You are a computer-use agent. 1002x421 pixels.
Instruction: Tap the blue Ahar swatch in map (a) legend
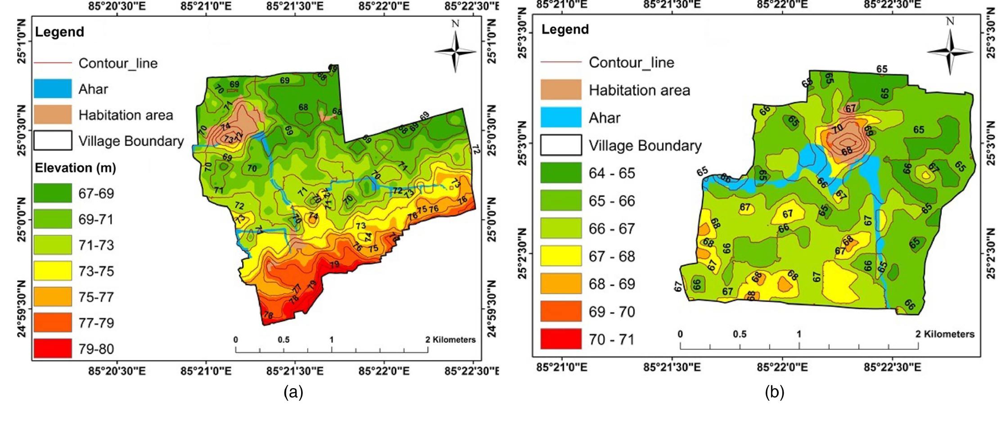click(x=53, y=89)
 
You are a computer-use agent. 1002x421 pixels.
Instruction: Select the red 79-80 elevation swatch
click(x=53, y=349)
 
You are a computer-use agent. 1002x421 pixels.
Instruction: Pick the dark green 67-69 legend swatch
click(x=53, y=193)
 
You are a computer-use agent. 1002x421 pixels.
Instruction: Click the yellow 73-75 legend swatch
click(x=53, y=271)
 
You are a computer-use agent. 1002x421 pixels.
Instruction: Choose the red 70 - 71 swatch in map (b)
click(x=561, y=339)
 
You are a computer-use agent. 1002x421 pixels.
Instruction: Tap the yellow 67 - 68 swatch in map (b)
click(x=561, y=256)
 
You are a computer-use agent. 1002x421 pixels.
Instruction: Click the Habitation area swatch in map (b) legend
click(x=561, y=90)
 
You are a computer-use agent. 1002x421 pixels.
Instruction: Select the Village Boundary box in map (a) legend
click(x=53, y=141)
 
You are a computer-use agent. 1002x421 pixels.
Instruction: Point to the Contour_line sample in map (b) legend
click(x=561, y=62)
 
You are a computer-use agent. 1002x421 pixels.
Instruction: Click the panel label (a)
click(x=293, y=392)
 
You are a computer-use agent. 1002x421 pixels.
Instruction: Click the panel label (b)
click(x=774, y=392)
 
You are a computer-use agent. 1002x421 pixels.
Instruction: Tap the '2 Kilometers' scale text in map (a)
click(x=451, y=340)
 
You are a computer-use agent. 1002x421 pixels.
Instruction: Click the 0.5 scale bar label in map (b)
click(x=740, y=334)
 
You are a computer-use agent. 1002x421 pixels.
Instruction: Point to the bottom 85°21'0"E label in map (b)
click(x=562, y=367)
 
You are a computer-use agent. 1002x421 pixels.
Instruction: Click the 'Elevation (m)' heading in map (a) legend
click(x=76, y=168)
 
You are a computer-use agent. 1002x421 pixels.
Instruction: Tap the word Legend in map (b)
click(x=565, y=29)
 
